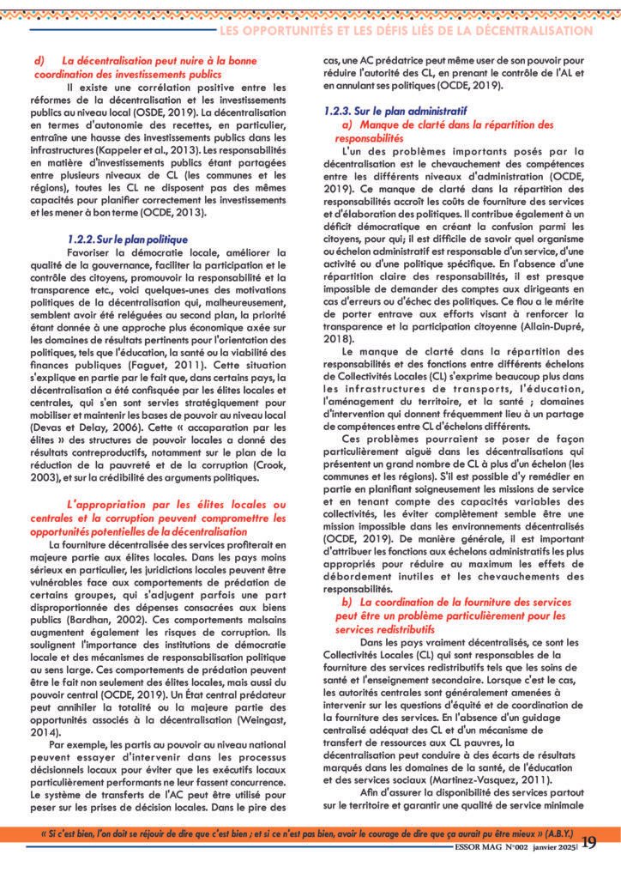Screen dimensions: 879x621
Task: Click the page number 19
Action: click(589, 843)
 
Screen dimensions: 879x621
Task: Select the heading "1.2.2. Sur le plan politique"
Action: click(127, 238)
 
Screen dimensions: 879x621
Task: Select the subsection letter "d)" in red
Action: click(39, 61)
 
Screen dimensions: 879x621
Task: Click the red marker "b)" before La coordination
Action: click(347, 603)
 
